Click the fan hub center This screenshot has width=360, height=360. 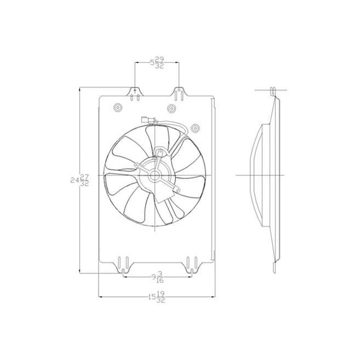(155, 175)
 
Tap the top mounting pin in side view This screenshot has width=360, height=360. (272, 93)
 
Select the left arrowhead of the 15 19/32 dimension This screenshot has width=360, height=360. (100, 297)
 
